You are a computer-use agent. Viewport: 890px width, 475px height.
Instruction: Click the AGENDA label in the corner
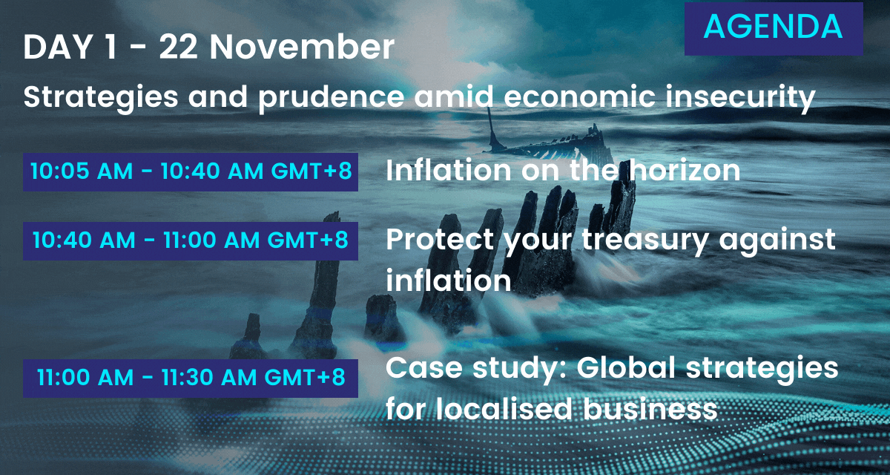(773, 27)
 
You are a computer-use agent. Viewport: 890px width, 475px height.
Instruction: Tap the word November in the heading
(302, 47)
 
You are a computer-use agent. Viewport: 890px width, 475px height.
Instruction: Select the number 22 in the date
(178, 47)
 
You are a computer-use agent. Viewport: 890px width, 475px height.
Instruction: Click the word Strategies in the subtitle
(101, 98)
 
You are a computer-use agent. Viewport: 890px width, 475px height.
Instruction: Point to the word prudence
(331, 98)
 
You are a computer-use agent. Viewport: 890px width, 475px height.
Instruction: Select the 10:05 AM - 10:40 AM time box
(191, 171)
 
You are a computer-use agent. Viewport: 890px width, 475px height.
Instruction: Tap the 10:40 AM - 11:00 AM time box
(191, 241)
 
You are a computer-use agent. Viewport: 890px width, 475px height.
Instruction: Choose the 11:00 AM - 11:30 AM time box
(191, 378)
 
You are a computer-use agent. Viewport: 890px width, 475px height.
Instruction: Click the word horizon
(685, 170)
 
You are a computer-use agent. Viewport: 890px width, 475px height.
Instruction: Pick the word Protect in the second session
(440, 240)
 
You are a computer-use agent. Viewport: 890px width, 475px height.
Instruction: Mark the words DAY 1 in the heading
(70, 47)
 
